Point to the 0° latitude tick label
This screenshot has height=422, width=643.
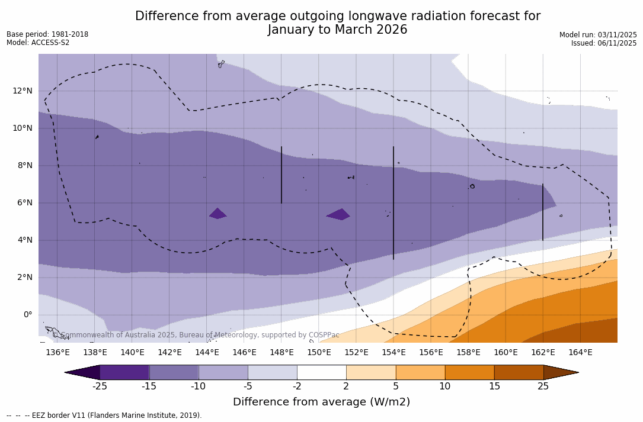coord(27,314)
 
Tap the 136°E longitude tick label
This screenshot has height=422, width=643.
coord(57,353)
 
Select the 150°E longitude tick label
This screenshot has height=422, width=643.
coord(319,353)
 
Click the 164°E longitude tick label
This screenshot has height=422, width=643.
coord(580,353)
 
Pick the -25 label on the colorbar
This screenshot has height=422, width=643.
coord(100,386)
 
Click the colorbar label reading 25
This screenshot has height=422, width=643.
coord(543,386)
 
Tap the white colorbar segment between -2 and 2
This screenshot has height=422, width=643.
coord(322,372)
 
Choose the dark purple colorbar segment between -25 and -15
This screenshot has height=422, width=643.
coord(124,372)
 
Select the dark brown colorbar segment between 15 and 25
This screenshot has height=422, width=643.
coord(519,372)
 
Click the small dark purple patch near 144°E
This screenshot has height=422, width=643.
coord(217,214)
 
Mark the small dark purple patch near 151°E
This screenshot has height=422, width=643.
coord(338,214)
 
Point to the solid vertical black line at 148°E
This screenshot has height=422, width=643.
coord(281,175)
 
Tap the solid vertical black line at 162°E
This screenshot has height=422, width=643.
coord(543,212)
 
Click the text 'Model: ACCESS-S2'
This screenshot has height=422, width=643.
coord(38,43)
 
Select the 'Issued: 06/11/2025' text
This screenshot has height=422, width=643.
coord(604,43)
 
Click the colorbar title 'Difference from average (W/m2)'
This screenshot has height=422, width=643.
coord(321,402)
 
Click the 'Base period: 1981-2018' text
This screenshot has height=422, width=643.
coord(47,34)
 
